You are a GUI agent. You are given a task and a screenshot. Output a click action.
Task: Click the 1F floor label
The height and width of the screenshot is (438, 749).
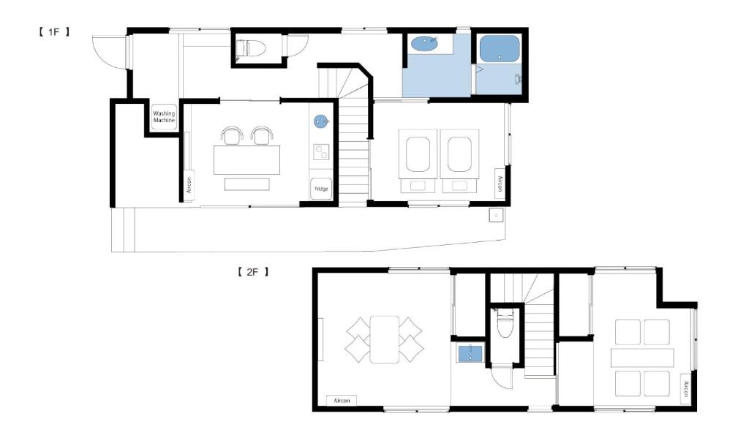[54, 32]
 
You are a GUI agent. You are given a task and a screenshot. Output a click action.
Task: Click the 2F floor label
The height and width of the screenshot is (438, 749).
[253, 272]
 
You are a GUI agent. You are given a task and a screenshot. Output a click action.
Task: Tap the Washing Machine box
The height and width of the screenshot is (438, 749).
[164, 116]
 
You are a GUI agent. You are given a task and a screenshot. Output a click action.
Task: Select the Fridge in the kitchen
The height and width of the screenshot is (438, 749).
[321, 189]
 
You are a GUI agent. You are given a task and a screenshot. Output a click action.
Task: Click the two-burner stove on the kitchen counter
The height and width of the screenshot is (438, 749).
[321, 152]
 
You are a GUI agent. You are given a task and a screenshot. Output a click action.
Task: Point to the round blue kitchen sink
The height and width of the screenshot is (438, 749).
[320, 121]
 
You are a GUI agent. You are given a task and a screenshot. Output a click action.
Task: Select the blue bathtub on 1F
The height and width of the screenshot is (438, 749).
[499, 49]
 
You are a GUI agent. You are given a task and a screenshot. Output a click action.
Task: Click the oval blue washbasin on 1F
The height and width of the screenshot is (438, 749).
[424, 44]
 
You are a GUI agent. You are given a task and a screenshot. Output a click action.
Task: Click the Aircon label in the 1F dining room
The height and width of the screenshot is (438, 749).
[189, 185]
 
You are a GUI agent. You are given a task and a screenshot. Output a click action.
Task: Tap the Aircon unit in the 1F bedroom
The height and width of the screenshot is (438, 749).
[500, 184]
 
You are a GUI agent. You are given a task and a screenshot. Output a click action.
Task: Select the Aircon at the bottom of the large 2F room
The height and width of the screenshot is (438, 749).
[342, 400]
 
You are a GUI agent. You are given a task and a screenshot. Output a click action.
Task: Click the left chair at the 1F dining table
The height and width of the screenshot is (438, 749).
[232, 135]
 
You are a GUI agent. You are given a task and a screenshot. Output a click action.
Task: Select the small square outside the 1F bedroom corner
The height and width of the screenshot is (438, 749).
[497, 216]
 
